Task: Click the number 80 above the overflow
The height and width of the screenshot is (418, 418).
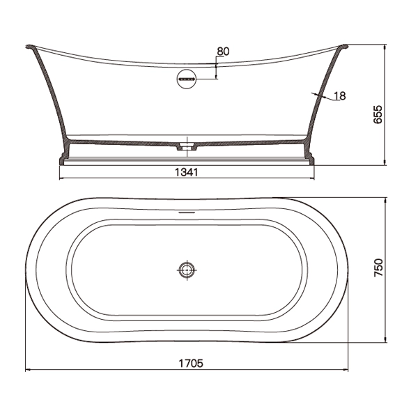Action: click(223, 52)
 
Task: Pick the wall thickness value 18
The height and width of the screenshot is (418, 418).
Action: click(340, 96)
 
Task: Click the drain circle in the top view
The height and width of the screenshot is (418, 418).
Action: click(187, 270)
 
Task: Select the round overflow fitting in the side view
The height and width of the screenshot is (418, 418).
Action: click(187, 79)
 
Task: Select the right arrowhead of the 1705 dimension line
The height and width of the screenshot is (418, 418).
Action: click(346, 371)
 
